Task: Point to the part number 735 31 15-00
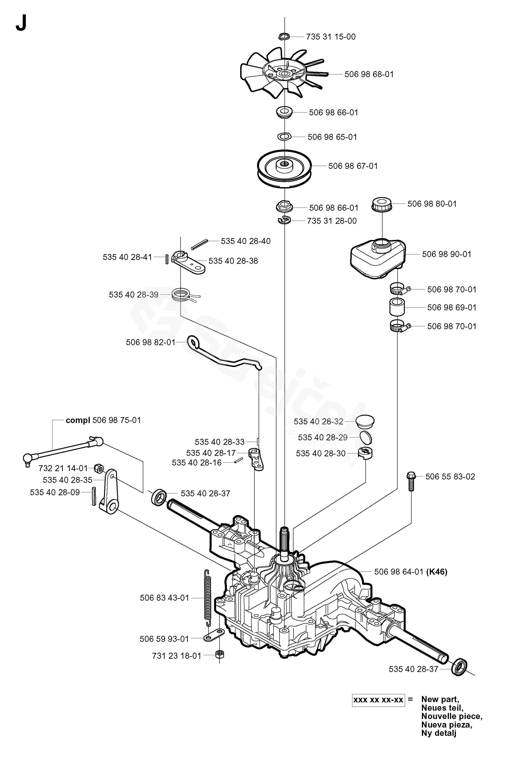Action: pyautogui.click(x=331, y=37)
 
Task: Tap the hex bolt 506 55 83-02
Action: pyautogui.click(x=411, y=481)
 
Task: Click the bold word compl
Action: pyautogui.click(x=78, y=421)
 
